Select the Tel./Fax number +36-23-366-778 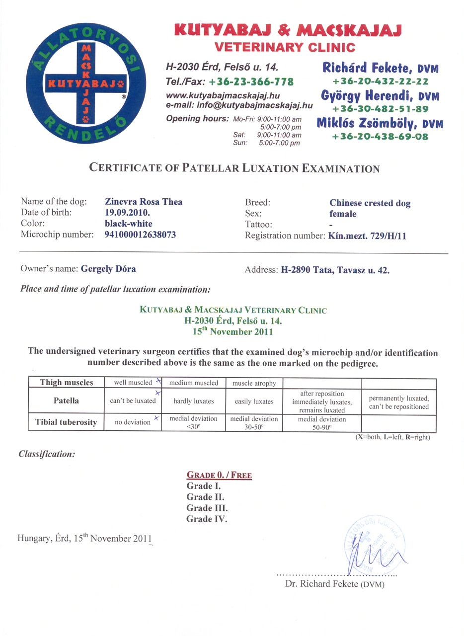coord(251,81)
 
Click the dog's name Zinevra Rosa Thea coord(144,202)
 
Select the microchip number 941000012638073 coord(140,235)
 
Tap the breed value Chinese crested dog coord(370,203)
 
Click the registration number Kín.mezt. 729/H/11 coord(367,236)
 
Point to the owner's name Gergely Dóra coord(107,269)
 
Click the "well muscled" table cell coord(133,383)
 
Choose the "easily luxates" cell coord(253,401)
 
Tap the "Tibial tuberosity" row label coord(67,422)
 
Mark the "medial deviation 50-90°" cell coord(322,423)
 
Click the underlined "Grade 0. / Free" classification coord(219,475)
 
